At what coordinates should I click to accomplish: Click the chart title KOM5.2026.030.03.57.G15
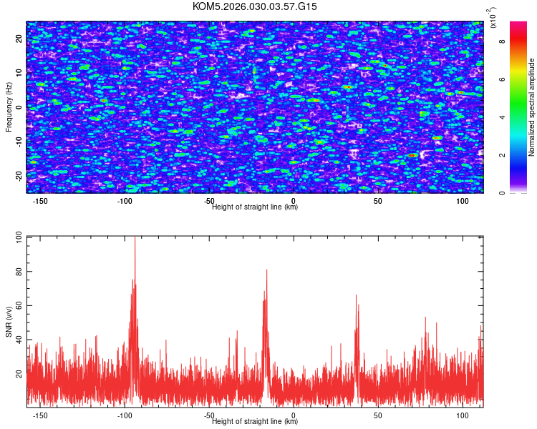point(255,6)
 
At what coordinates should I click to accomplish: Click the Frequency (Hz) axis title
point(9,107)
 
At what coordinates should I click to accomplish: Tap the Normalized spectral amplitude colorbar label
point(532,108)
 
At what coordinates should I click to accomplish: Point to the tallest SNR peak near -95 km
point(135,237)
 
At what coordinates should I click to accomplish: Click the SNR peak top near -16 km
point(266,270)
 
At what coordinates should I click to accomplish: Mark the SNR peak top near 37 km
point(356,295)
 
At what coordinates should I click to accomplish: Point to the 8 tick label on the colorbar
point(502,41)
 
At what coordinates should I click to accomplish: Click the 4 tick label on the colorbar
point(502,117)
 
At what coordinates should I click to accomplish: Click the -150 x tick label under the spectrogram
point(41,202)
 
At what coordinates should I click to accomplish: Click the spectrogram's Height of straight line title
point(255,207)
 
